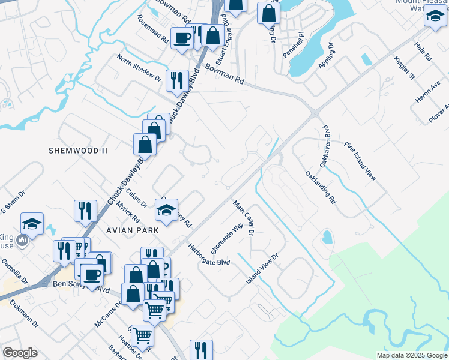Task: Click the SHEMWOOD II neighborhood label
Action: coord(77,151)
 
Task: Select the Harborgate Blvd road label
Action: coord(209,254)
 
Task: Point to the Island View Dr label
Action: coord(263,269)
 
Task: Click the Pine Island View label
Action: coord(360,161)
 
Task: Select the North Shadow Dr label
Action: coord(139,70)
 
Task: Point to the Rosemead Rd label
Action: coord(152,28)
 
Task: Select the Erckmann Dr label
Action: coord(25,314)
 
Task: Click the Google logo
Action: coord(20,353)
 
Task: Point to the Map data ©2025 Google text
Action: coord(411,355)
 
